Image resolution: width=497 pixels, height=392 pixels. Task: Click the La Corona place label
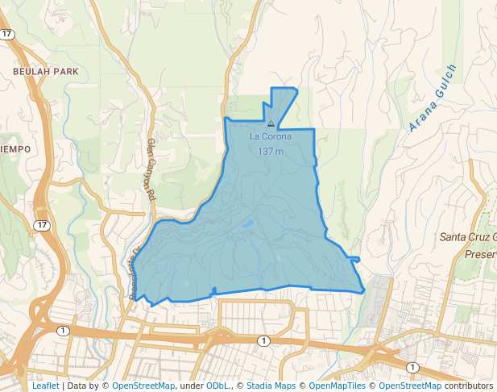click(271, 136)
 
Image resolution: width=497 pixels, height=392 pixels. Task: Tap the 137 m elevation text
click(271, 151)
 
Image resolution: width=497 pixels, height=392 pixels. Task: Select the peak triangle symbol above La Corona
click(271, 124)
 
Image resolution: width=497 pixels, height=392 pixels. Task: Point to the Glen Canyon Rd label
click(149, 169)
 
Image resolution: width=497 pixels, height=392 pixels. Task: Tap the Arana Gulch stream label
click(433, 98)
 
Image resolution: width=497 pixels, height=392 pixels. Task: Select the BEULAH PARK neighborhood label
click(45, 72)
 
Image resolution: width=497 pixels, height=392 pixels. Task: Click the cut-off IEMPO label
click(15, 149)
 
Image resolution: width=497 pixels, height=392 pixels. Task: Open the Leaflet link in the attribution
click(45, 386)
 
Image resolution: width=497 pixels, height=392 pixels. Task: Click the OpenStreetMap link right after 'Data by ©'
click(143, 386)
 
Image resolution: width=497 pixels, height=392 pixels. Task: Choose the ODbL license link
click(217, 386)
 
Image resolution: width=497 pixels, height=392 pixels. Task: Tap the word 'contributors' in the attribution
click(468, 386)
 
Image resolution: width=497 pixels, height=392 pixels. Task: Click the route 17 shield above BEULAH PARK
click(8, 34)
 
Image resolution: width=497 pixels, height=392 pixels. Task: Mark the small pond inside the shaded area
click(248, 223)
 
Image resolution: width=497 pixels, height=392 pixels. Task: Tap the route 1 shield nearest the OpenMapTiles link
click(412, 367)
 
